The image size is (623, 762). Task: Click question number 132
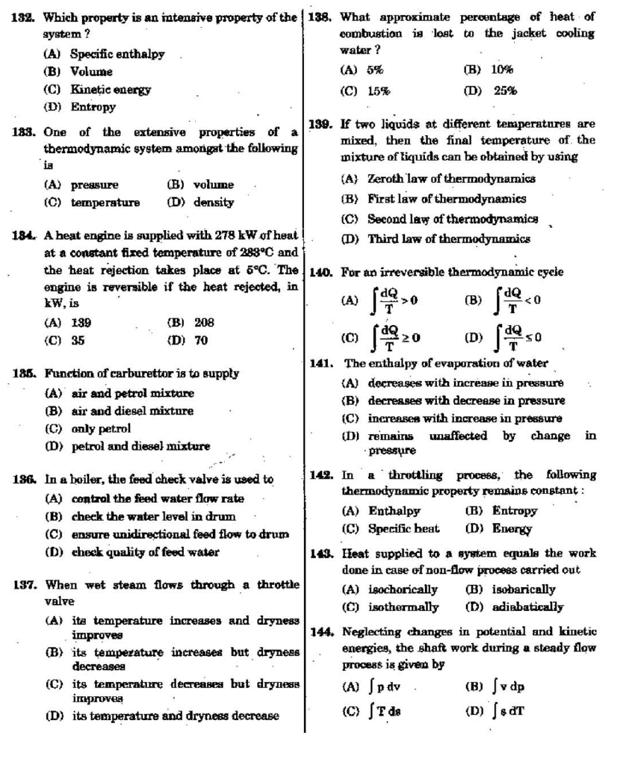point(24,17)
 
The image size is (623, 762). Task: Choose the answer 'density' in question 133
point(213,202)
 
